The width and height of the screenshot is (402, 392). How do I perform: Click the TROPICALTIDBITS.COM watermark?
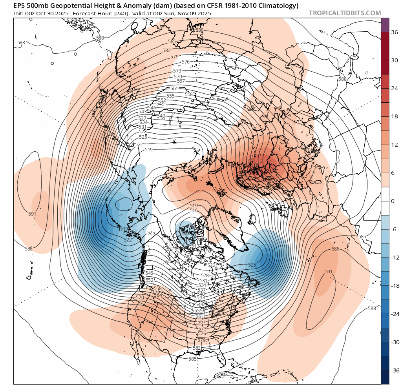(345, 13)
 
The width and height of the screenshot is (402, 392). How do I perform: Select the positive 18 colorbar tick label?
(395, 116)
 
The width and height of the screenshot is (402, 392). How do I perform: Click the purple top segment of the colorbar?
(385, 24)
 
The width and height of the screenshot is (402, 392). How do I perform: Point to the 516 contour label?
(194, 211)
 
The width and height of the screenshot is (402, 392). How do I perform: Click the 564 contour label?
(158, 295)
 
